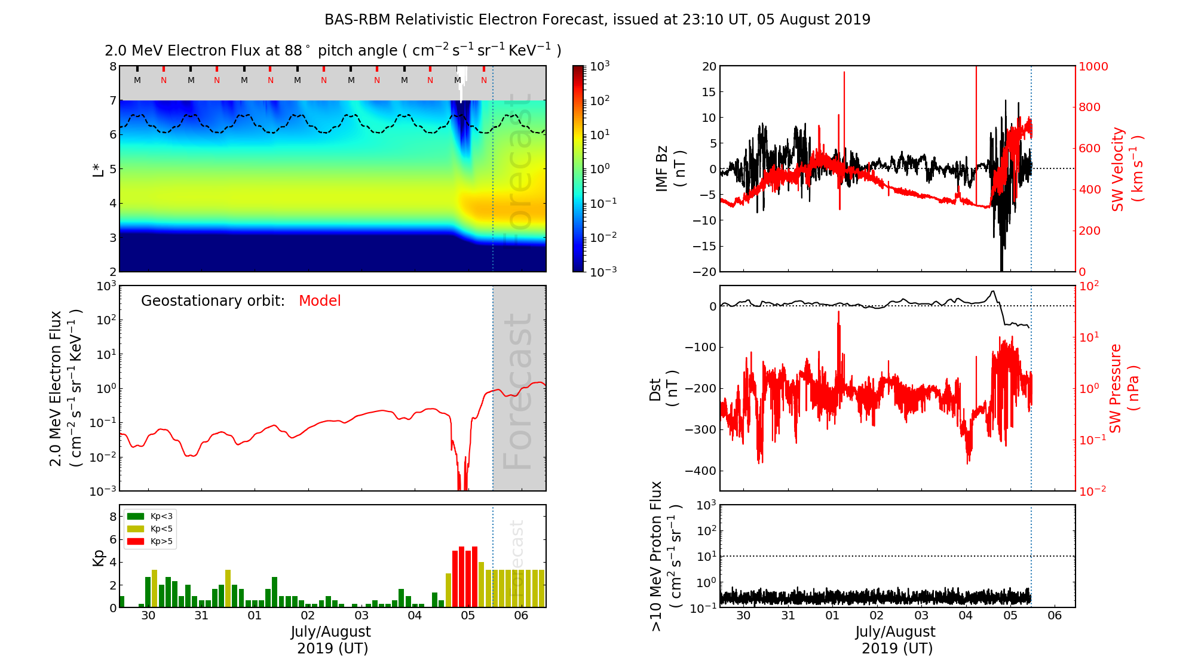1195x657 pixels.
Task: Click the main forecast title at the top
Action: [597, 20]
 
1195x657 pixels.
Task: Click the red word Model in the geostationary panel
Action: [320, 301]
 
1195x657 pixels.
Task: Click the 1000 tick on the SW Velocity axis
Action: [1093, 66]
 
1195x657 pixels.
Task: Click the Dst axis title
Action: [663, 388]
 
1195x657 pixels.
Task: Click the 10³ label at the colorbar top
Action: [600, 66]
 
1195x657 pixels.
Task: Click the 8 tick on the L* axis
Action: [112, 66]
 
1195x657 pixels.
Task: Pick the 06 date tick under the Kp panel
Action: [521, 616]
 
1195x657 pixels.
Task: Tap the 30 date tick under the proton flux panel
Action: [743, 616]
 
